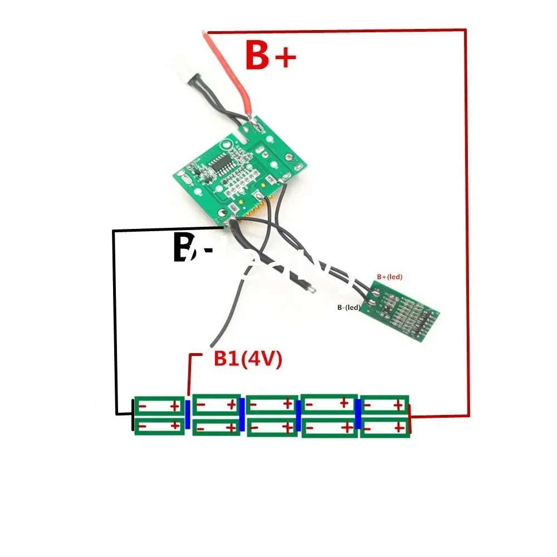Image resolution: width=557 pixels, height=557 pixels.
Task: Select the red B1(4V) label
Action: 248,359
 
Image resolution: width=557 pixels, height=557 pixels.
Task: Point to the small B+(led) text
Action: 389,276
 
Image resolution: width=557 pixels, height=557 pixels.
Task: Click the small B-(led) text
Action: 349,307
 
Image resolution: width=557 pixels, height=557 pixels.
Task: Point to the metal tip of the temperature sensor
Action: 314,290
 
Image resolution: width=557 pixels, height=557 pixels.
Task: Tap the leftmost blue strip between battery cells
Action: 188,415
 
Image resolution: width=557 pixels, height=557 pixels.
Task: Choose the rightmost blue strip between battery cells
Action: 358,415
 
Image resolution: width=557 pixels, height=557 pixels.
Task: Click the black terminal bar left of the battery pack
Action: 133,416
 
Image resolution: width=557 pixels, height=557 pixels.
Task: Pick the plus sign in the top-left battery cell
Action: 174,405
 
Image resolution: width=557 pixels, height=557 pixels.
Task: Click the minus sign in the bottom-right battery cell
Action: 369,427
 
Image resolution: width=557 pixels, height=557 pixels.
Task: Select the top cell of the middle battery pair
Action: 271,404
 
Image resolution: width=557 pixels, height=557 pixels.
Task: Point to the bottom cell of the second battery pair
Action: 217,427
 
